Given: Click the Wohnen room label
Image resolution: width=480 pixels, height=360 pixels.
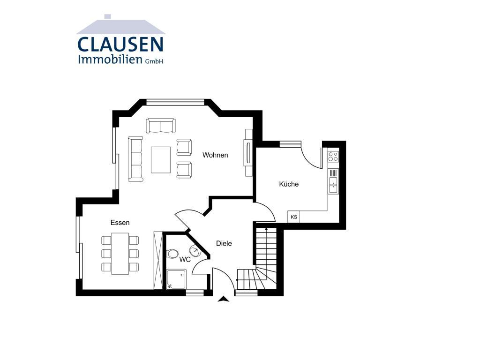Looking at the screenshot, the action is pos(215,155).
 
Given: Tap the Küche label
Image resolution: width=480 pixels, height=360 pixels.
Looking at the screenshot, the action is pos(289,184).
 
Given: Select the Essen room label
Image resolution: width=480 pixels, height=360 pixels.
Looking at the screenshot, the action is pos(120,223).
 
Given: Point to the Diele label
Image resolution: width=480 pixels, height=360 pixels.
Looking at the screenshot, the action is pos(224,243).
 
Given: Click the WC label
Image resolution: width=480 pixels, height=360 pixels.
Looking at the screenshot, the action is pos(185,260).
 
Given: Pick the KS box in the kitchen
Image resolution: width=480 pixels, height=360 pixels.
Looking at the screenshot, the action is pos(294,217).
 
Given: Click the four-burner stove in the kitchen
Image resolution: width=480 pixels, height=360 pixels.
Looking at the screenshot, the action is pos(333,156).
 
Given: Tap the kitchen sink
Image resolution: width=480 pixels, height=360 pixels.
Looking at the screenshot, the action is pos(333,181).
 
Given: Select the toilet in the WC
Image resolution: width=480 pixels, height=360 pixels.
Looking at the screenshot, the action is pos(172,254).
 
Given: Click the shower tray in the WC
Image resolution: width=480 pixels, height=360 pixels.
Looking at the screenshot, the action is pos(177,279).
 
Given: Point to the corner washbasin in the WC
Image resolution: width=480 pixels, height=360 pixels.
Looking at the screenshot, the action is pos(195,251).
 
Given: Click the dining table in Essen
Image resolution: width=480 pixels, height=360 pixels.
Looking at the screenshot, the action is pos(120,254).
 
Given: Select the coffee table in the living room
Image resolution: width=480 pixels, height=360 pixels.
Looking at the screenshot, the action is pos(161,160).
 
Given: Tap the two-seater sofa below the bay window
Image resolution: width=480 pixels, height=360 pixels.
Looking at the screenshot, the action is pos(161,126).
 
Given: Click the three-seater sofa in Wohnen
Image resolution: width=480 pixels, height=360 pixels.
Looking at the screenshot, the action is pos(135,159).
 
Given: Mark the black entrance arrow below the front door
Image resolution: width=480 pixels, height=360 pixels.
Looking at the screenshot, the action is pos(224,300).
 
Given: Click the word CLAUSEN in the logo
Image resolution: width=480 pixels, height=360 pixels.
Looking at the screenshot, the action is pos(120,45).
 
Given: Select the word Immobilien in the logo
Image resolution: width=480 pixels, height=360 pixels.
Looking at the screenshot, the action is pos(111,59).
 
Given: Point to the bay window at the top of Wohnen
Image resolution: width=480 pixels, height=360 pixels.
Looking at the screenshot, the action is pos(175,102).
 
